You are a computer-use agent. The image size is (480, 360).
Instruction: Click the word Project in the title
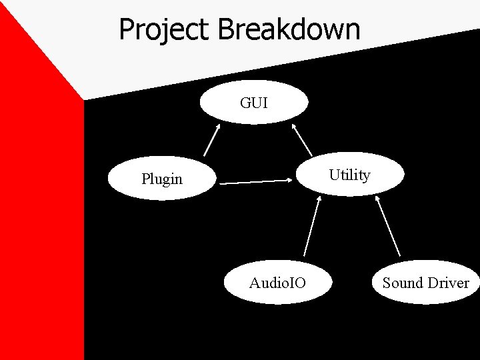165,30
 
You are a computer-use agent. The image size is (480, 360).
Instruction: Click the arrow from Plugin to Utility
257,181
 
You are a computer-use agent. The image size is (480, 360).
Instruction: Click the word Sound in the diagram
403,283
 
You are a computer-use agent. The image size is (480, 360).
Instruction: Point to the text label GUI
255,103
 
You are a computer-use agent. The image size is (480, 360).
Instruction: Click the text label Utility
350,175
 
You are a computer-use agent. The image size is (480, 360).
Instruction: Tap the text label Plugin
161,179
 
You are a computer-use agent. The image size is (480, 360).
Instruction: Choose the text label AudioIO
277,283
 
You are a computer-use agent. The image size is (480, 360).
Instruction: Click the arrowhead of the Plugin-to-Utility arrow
291,179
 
